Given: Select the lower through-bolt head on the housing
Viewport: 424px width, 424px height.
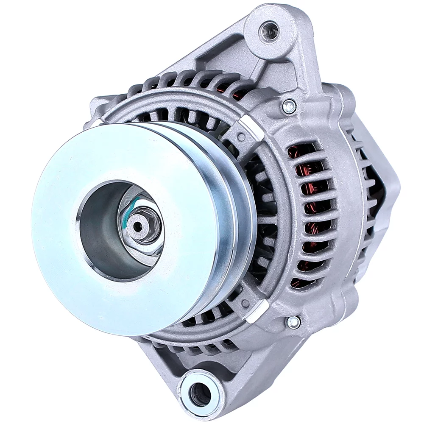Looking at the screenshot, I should [x=293, y=322].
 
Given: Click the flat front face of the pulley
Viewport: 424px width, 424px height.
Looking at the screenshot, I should [x=68, y=263].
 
